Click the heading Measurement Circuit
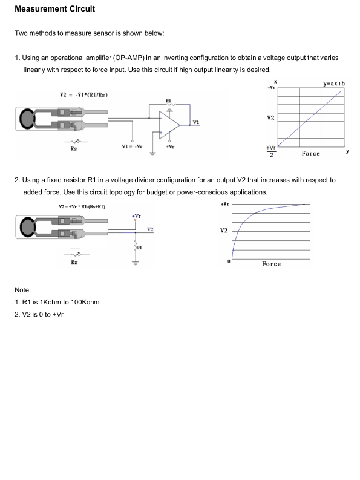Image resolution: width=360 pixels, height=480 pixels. pyautogui.click(x=55, y=9)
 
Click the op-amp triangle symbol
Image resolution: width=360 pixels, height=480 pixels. pyautogui.click(x=169, y=125)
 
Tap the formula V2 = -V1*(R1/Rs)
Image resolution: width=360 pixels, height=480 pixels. pyautogui.click(x=84, y=95)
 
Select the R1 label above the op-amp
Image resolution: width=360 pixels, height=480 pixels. pyautogui.click(x=168, y=100)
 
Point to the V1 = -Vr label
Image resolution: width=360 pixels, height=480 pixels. pyautogui.click(x=132, y=146)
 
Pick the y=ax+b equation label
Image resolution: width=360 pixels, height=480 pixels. pyautogui.click(x=334, y=84)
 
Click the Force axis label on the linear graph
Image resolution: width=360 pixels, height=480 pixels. pyautogui.click(x=311, y=153)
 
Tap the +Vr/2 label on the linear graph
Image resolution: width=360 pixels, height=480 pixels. pyautogui.click(x=271, y=151)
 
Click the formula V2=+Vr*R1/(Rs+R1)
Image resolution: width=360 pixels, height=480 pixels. pyautogui.click(x=82, y=206)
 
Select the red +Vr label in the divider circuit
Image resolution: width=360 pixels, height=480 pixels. pyautogui.click(x=136, y=216)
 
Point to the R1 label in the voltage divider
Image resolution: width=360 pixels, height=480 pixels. pyautogui.click(x=139, y=248)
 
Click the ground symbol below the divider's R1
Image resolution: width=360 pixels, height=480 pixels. pyautogui.click(x=136, y=263)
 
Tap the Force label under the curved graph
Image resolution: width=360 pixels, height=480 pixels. pyautogui.click(x=271, y=264)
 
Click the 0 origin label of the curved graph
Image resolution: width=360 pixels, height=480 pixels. pyautogui.click(x=229, y=261)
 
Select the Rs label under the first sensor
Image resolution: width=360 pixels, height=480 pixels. pyautogui.click(x=74, y=149)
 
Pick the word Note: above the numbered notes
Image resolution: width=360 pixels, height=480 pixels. pyautogui.click(x=23, y=290)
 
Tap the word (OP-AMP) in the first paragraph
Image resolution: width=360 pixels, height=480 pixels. pyautogui.click(x=128, y=58)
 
